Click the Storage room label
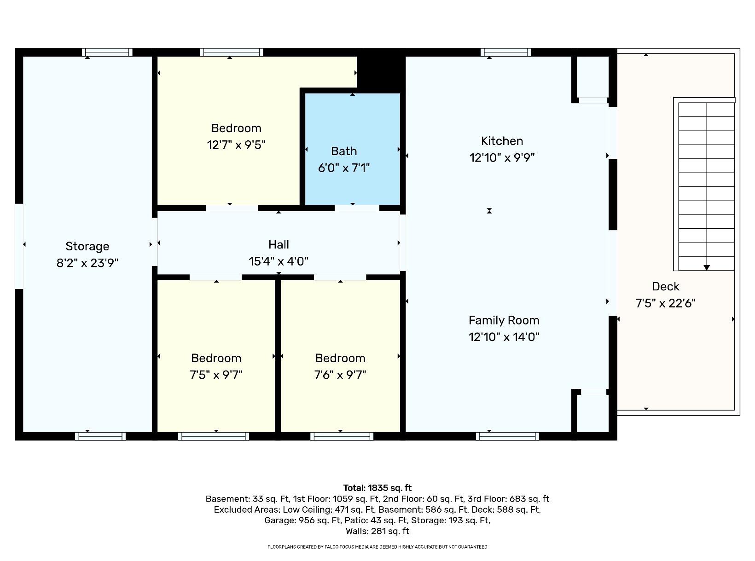[x=87, y=246]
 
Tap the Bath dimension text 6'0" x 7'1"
[x=343, y=168]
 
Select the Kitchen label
[x=502, y=141]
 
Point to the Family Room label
[x=504, y=320]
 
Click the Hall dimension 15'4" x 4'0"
[x=279, y=261]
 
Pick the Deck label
[x=665, y=287]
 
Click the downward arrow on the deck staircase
[x=706, y=267]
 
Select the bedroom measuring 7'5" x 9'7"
[x=216, y=366]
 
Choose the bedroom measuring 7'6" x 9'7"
[x=340, y=366]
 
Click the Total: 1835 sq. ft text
[x=377, y=488]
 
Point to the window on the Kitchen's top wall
[x=505, y=52]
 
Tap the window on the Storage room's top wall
[x=107, y=52]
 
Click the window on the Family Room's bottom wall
[x=507, y=436]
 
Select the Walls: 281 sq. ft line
[x=377, y=531]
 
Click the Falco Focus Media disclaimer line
[x=377, y=547]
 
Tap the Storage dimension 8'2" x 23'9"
[x=87, y=263]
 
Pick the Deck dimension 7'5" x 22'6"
[x=665, y=303]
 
